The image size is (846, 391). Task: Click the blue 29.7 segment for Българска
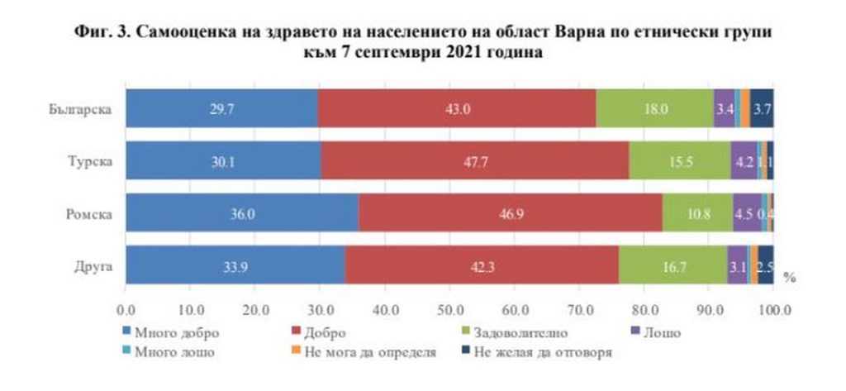click(221, 108)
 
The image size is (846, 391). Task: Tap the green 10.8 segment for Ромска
click(697, 213)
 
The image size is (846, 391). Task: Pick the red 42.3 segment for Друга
click(482, 265)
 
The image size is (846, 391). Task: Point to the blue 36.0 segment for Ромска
click(241, 213)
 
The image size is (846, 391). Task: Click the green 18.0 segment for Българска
click(654, 108)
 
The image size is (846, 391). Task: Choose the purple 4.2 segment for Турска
click(744, 160)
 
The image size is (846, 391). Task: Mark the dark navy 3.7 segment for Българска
click(762, 108)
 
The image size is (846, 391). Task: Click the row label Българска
click(78, 109)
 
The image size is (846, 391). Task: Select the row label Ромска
click(87, 214)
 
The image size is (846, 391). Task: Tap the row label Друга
click(90, 266)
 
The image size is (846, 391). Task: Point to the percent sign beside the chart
click(788, 277)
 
